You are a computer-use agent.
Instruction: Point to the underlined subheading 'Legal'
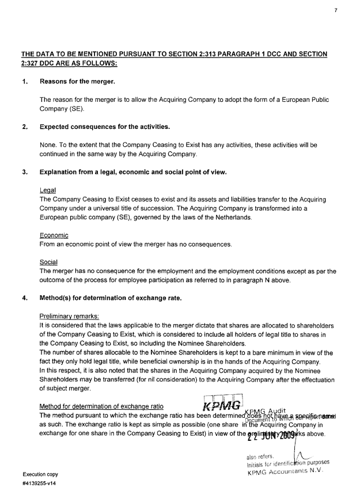click(47, 188)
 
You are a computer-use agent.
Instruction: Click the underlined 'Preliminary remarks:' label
click(70, 316)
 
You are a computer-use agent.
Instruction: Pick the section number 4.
click(25, 300)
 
